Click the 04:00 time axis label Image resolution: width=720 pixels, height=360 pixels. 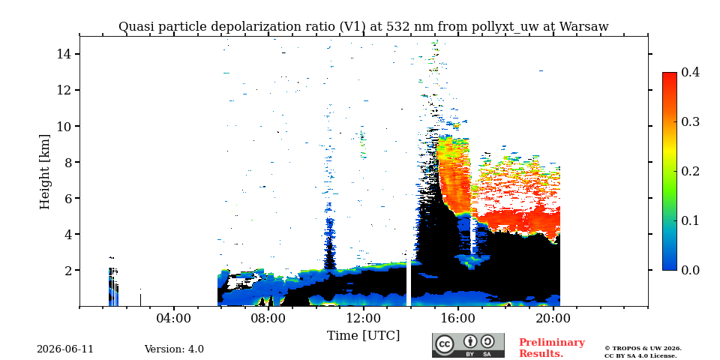click(174, 318)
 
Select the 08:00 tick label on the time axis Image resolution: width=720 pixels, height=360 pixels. click(268, 318)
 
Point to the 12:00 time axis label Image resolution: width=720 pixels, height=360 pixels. click(363, 318)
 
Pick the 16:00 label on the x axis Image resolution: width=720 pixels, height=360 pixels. click(458, 318)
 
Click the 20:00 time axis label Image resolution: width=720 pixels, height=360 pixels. click(553, 318)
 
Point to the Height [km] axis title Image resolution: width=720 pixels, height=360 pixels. click(44, 172)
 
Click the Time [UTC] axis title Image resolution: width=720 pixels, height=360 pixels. click(363, 336)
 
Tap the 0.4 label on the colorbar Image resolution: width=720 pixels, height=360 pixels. click(690, 72)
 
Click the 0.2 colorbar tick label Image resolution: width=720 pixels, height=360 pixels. click(690, 171)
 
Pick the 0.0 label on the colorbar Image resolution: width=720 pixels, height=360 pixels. click(690, 270)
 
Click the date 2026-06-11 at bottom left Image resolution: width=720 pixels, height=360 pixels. click(65, 349)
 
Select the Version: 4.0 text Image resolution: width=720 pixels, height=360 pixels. click(174, 349)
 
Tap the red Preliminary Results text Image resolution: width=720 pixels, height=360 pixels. click(552, 348)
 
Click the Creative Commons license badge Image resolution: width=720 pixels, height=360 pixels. click(468, 345)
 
